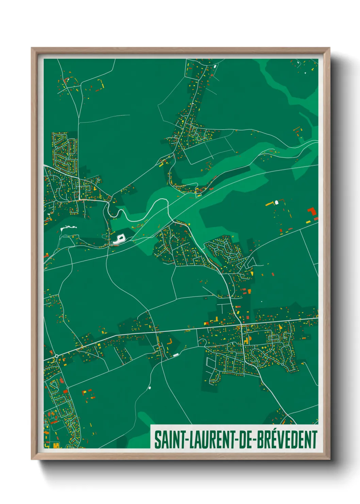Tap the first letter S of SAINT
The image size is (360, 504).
[x=158, y=440]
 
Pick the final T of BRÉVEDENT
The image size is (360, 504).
[x=314, y=440]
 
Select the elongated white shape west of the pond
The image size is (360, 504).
[x=68, y=228]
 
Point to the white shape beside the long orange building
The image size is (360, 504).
[x=277, y=202]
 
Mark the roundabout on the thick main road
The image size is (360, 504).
[x=56, y=356]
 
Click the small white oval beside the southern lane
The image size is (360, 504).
[x=149, y=388]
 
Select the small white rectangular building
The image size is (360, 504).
[x=176, y=355]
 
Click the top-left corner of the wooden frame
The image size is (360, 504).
[x=32, y=48]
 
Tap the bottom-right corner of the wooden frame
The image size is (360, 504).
[x=329, y=459]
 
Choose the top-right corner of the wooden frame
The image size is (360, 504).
[x=329, y=48]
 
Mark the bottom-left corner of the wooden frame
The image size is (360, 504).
[x=32, y=459]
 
